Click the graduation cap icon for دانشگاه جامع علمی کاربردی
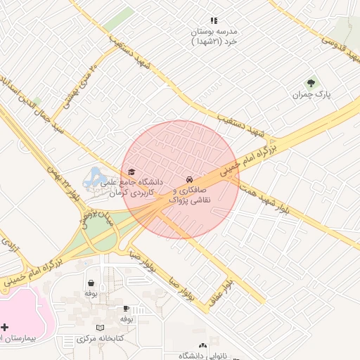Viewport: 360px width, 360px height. coord(131,172)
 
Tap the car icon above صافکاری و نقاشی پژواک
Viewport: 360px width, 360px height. coord(189,179)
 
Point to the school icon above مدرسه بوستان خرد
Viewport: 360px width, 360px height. coord(214,21)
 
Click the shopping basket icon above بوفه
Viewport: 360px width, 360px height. coord(91,283)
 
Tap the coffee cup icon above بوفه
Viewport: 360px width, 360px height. coord(126,309)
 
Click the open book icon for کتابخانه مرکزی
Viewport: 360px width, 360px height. coord(100,328)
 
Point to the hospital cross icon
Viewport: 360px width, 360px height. coord(6,327)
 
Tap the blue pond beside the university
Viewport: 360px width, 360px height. coord(92,178)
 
